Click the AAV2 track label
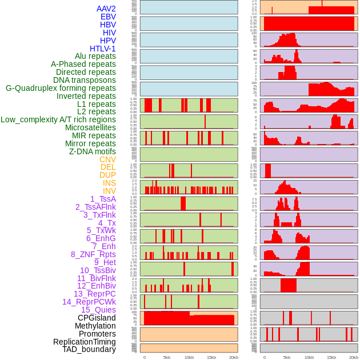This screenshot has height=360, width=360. point(106,9)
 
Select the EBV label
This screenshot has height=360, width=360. point(108,17)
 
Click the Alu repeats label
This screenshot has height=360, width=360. point(95,56)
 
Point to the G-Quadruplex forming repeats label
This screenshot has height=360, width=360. point(61,88)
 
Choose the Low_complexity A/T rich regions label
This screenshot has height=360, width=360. point(58,119)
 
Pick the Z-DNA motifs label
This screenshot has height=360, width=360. point(93,151)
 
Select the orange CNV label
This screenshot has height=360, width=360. point(107,159)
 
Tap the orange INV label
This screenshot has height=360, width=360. point(109,191)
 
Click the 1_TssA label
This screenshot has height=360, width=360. point(103,199)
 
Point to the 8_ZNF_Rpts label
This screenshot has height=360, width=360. point(93,254)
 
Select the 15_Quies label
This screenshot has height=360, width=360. point(98,310)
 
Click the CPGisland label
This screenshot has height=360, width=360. point(97,318)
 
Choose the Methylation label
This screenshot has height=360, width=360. point(95,326)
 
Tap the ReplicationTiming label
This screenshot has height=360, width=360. point(85,342)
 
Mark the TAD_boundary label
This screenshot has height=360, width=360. point(89,349)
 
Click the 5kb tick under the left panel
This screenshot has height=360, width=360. point(167,357)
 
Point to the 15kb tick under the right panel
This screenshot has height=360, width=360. point(331,357)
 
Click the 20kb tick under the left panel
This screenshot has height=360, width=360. point(233,357)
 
